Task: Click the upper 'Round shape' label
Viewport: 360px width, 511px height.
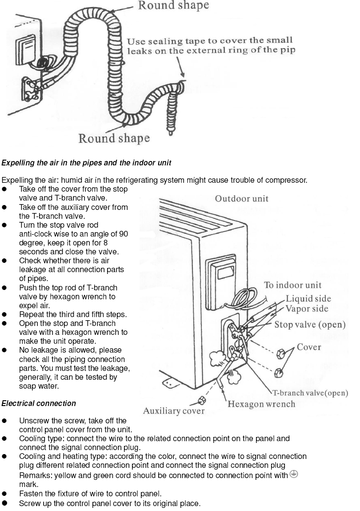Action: tap(173, 6)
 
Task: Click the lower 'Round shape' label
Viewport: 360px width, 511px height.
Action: tap(114, 138)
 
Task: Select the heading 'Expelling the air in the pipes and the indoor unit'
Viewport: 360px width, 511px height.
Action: tap(86, 163)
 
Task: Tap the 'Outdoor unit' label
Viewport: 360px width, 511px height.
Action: tap(242, 198)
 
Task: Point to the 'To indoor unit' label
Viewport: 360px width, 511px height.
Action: tap(292, 285)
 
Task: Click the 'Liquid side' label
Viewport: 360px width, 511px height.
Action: tap(308, 298)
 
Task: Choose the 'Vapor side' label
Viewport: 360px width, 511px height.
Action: tap(307, 309)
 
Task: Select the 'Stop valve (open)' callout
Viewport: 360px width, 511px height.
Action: tap(310, 324)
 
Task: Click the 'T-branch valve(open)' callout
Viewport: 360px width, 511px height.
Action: tap(310, 393)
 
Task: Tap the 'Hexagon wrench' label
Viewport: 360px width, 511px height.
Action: tap(261, 404)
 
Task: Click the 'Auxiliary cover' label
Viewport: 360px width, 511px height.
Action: tap(173, 411)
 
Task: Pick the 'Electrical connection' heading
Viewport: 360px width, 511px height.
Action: tap(39, 403)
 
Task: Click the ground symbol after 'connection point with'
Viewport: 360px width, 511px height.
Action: tap(294, 474)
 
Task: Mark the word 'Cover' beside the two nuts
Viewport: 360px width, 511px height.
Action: tap(309, 347)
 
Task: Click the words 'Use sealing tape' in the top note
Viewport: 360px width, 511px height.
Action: tap(155, 42)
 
